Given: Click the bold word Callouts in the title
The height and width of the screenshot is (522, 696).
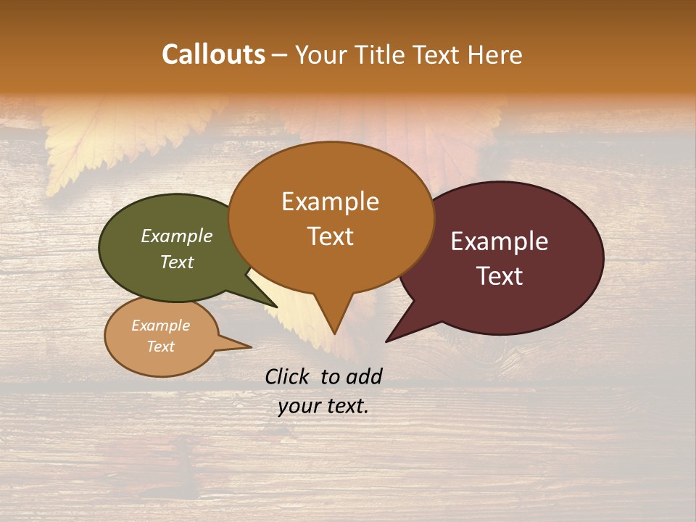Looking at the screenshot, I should tap(213, 54).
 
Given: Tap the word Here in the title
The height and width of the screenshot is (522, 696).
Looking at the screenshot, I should tap(495, 54).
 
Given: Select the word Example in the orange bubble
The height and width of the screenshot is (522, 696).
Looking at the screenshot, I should tap(330, 202).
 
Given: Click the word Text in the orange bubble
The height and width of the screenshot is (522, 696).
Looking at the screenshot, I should tap(330, 236).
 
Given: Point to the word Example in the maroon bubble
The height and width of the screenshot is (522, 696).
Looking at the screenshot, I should tap(500, 241).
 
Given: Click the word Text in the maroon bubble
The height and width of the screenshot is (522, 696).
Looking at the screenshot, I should tap(500, 276).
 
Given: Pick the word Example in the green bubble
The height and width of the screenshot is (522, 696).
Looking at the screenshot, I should tap(176, 236).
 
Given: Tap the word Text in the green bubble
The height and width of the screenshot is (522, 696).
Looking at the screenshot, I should tap(176, 262).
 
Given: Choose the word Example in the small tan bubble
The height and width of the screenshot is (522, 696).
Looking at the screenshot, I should tap(160, 326).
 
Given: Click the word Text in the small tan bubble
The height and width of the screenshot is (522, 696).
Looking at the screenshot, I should tap(160, 347).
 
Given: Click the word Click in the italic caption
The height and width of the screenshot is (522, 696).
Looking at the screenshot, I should tap(289, 376).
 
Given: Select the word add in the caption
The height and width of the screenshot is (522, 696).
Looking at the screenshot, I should tap(364, 376).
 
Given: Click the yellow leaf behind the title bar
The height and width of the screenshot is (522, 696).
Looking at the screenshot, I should tap(87, 145).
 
